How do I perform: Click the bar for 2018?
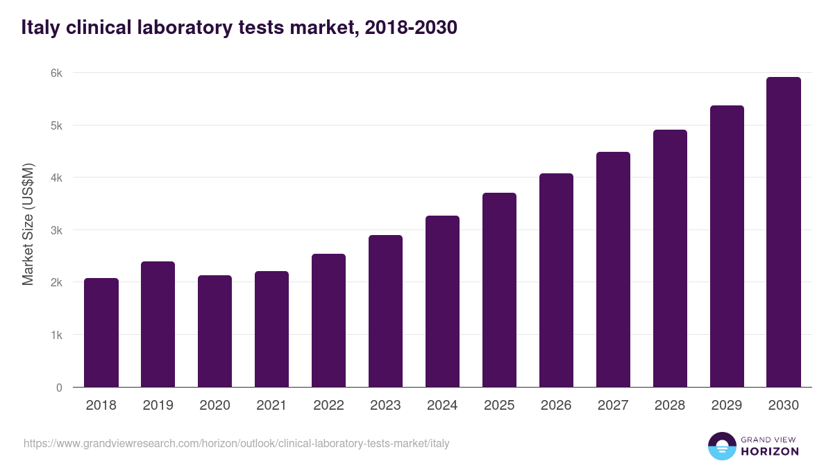[101, 333]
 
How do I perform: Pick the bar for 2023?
[385, 311]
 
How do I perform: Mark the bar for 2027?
[613, 270]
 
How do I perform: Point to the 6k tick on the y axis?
[55, 73]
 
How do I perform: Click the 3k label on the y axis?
[55, 230]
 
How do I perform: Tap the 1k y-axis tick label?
[55, 335]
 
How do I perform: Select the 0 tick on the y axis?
[58, 388]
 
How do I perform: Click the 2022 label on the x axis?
[328, 406]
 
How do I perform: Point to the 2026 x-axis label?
[556, 406]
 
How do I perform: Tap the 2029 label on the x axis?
[727, 406]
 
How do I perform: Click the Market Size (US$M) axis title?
[28, 225]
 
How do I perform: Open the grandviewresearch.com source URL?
[237, 443]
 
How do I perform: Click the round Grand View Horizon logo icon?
[721, 446]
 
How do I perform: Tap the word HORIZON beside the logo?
[770, 451]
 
